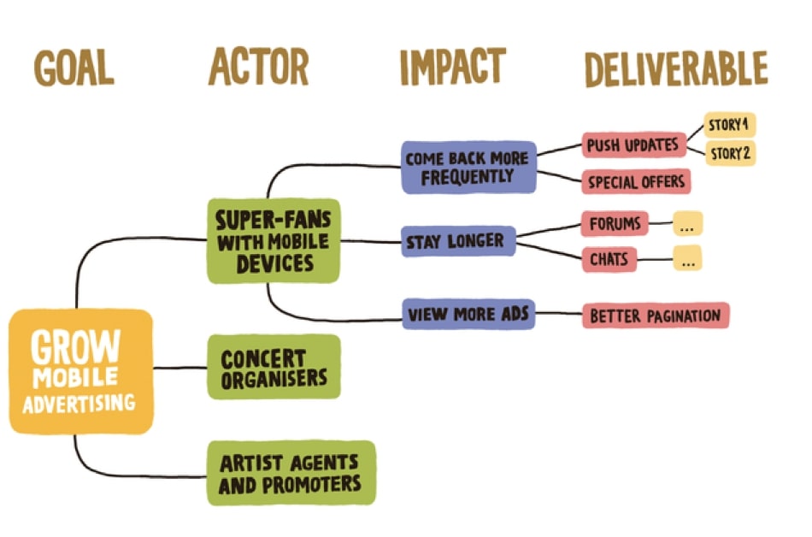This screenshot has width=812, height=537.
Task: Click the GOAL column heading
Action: tap(74, 69)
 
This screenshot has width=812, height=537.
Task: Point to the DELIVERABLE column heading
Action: tap(674, 68)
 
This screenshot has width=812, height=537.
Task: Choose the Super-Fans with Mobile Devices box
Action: tap(274, 240)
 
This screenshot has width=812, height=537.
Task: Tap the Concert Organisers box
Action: tap(274, 367)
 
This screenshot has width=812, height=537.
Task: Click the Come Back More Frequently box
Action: tap(468, 168)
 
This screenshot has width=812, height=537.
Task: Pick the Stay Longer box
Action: tap(460, 241)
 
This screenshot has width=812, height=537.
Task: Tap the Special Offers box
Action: tap(635, 181)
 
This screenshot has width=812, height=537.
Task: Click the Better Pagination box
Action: tap(655, 316)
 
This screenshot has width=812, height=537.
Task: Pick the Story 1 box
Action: tap(729, 126)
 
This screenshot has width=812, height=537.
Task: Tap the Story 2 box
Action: tap(729, 154)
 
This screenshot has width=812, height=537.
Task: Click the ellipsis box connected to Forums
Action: tap(688, 226)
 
